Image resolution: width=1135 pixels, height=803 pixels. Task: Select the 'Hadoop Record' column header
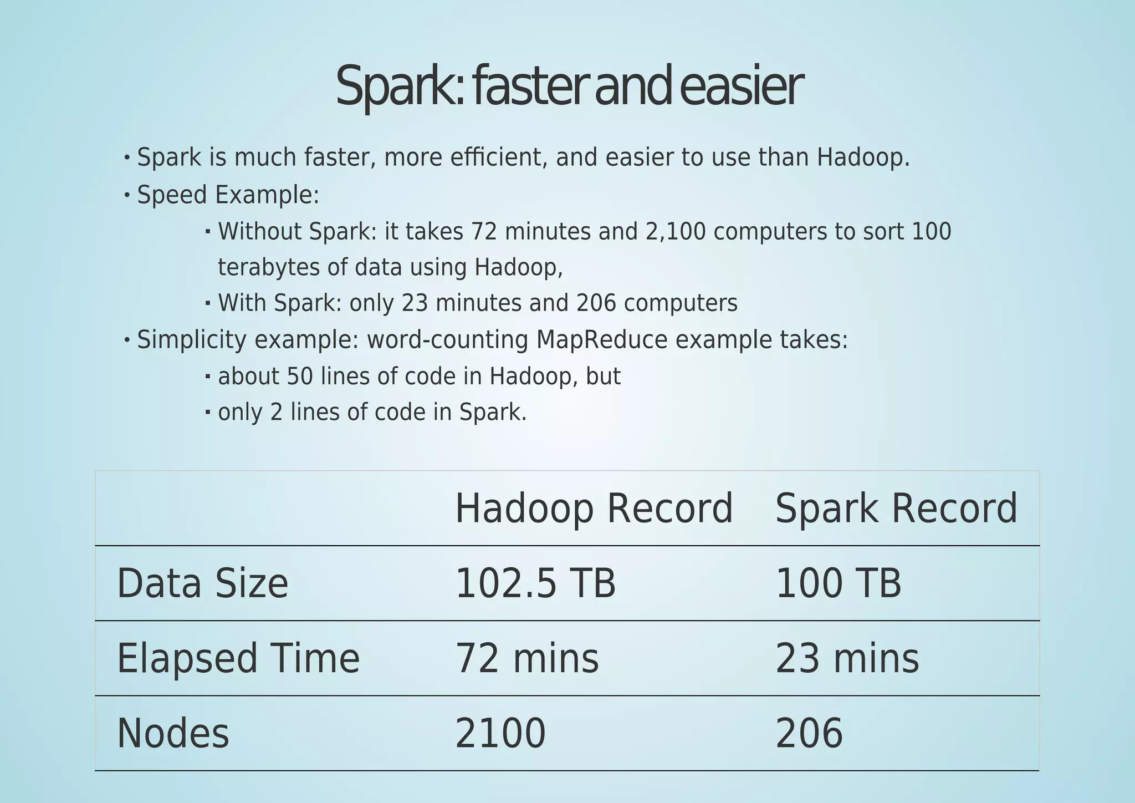point(594,509)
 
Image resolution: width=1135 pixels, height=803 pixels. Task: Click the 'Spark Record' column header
point(896,509)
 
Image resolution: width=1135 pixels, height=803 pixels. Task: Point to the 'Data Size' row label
point(202,584)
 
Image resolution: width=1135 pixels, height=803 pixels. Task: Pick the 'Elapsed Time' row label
point(238,659)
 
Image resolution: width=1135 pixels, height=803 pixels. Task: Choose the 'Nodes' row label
point(173,734)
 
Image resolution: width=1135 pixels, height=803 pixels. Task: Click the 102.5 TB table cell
point(535,584)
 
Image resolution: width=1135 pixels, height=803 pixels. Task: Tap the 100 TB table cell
point(838,584)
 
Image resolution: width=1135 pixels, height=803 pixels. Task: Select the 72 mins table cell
point(526,659)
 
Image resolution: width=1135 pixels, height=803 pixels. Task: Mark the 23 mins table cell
point(847,659)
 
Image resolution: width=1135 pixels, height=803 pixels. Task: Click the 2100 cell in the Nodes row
point(500,734)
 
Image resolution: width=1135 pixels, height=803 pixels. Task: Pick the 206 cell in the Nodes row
point(809,734)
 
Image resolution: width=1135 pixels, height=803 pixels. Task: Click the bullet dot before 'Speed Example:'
point(127,195)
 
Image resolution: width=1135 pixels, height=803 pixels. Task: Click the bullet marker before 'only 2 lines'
point(208,412)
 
